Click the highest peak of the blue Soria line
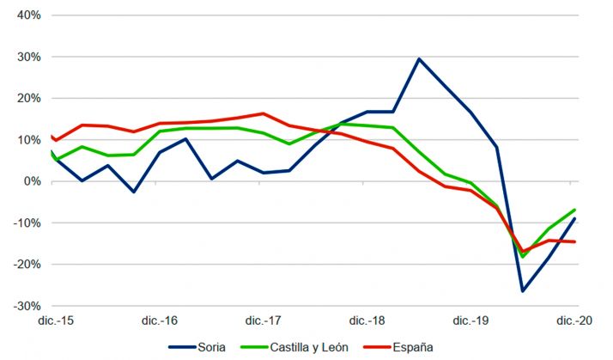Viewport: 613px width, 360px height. [418, 58]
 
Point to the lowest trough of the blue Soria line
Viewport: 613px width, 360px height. [523, 291]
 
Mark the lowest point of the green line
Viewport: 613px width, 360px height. [523, 257]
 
